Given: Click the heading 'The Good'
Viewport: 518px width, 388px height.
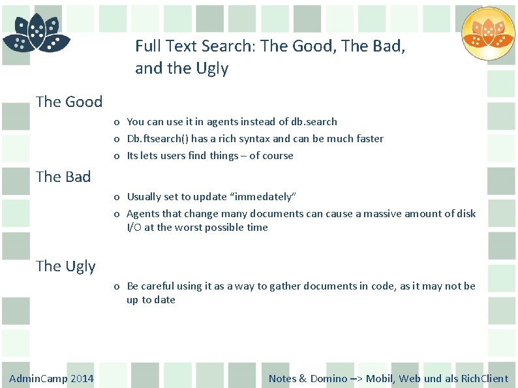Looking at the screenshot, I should (69, 102).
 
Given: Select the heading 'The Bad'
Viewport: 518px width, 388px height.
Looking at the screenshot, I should (63, 177).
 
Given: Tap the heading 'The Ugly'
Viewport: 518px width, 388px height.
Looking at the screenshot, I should (65, 266).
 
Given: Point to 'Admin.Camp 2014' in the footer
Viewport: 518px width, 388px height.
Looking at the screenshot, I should (52, 379).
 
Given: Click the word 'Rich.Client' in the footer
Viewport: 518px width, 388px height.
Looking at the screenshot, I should (485, 379).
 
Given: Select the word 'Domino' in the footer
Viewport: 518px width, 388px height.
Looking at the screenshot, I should (329, 379).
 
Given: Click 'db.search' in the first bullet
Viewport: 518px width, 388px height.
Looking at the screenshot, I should (315, 122).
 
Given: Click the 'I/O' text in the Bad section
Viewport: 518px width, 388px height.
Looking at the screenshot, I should (134, 228).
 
